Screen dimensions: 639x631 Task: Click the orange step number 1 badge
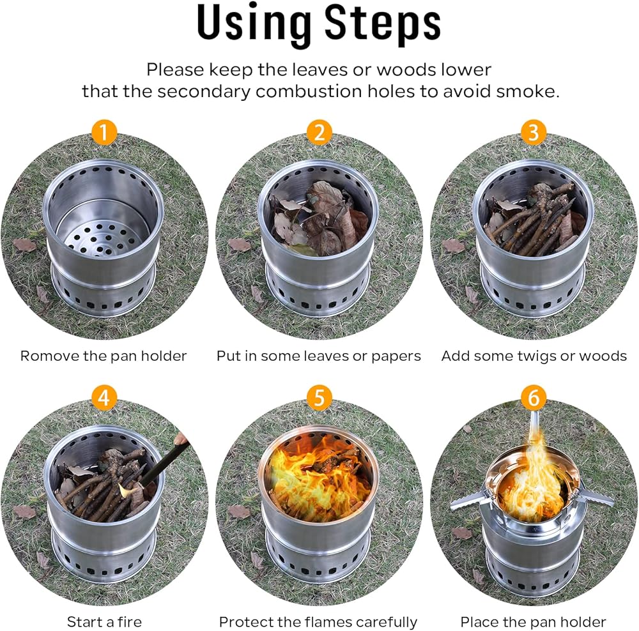[x=104, y=132]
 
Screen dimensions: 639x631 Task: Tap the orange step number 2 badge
[x=319, y=132]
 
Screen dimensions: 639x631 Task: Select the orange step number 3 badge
[x=534, y=132]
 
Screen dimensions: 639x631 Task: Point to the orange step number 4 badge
[x=104, y=398]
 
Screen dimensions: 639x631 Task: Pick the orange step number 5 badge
[x=319, y=398]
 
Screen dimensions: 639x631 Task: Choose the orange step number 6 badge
[x=534, y=398]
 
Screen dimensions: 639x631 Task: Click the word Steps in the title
[x=383, y=24]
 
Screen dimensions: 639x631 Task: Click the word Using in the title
[x=254, y=24]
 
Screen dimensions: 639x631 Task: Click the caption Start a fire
[x=104, y=622]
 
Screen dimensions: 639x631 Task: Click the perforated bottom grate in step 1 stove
[x=102, y=237]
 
